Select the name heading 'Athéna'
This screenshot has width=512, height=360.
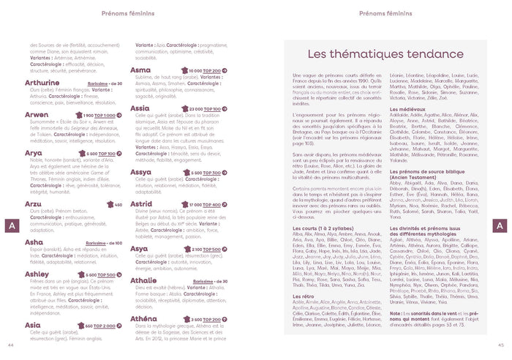pyautogui.click(x=143, y=319)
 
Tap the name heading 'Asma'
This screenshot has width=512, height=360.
pyautogui.click(x=140, y=70)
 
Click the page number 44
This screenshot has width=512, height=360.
pyautogui.click(x=10, y=345)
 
